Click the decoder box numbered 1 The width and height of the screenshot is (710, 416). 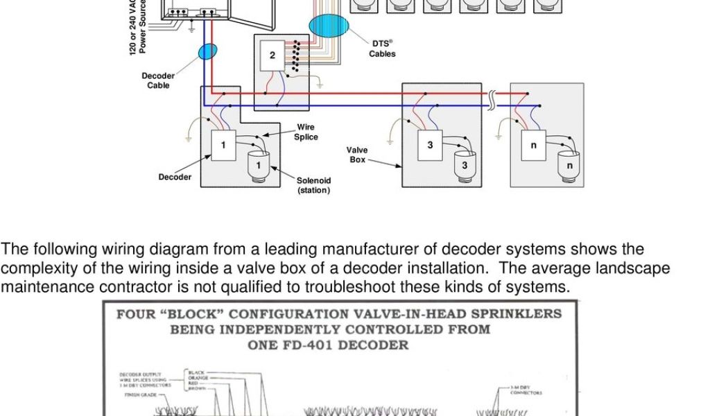[223, 145]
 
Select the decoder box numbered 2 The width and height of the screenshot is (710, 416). [272, 56]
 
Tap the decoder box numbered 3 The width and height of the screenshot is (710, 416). [430, 145]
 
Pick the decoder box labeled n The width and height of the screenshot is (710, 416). [533, 145]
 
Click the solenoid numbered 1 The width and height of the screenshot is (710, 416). [259, 165]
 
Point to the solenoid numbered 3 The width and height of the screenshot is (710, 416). [465, 165]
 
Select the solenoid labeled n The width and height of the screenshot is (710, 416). [569, 165]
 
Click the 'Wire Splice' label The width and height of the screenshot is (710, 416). [306, 132]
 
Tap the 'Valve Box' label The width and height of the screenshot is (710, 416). [357, 155]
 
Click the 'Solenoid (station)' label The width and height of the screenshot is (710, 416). [313, 185]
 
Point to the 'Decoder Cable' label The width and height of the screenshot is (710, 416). [158, 80]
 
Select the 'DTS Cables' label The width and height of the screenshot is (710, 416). [382, 49]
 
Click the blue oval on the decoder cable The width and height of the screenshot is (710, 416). [207, 51]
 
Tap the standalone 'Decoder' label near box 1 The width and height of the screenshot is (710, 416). [175, 177]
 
